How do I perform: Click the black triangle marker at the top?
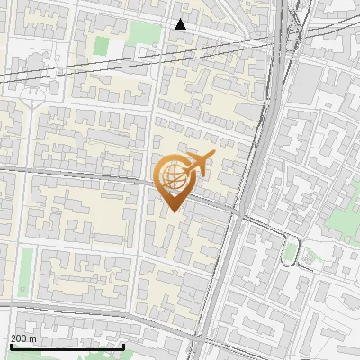point(181,24)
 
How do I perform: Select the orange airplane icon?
point(196,165)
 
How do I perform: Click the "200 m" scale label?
point(23,338)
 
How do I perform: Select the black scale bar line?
point(67,346)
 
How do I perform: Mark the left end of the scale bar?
point(10,346)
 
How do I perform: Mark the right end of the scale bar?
point(123,346)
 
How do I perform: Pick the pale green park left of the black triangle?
point(141,33)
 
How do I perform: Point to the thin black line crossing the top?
point(135,58)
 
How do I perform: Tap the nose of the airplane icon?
point(212,157)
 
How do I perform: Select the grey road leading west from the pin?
point(81,173)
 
